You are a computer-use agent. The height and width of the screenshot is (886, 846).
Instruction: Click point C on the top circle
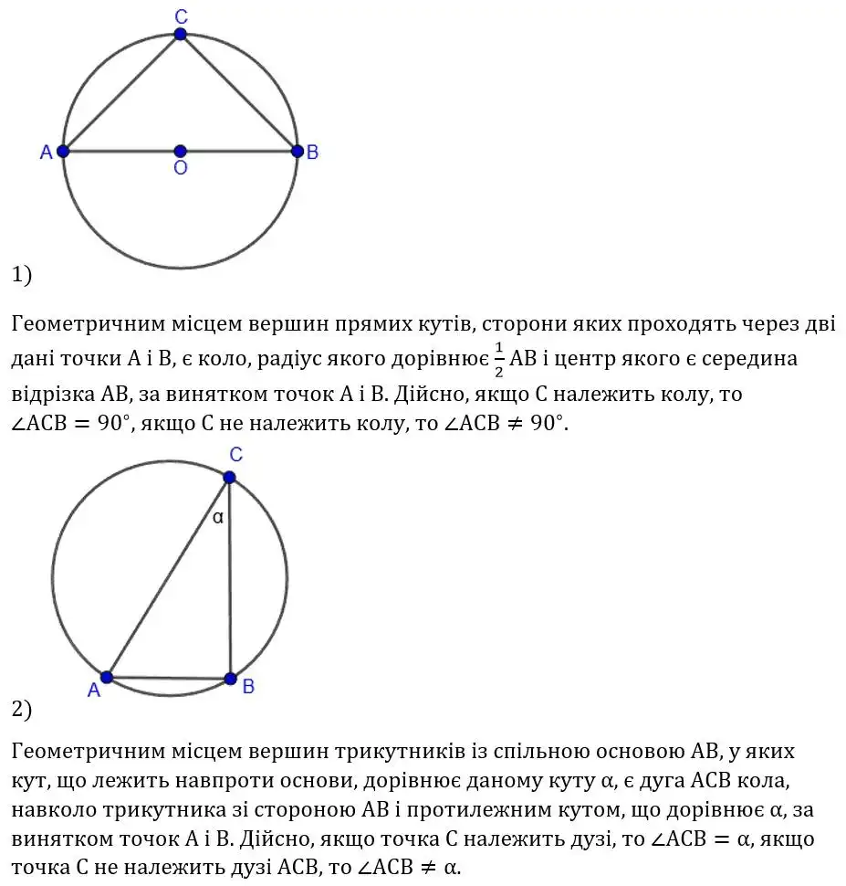coord(180,34)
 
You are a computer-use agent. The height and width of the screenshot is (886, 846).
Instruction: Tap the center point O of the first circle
coord(180,151)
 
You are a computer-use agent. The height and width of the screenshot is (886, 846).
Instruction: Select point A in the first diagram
coord(63,151)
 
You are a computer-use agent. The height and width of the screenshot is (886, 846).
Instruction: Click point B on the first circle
coord(296,151)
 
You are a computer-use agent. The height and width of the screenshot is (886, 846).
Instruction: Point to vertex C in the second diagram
coord(229,477)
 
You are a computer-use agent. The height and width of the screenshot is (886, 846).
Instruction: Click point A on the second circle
coord(107,677)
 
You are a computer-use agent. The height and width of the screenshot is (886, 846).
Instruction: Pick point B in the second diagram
coord(230,679)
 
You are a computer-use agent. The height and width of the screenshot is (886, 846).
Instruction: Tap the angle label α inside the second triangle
coord(217,517)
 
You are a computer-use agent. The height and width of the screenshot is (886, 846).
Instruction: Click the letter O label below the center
coord(180,169)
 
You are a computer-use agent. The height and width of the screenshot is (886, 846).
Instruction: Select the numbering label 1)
coord(22,274)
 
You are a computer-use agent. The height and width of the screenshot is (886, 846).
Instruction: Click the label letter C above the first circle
coord(180,15)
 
